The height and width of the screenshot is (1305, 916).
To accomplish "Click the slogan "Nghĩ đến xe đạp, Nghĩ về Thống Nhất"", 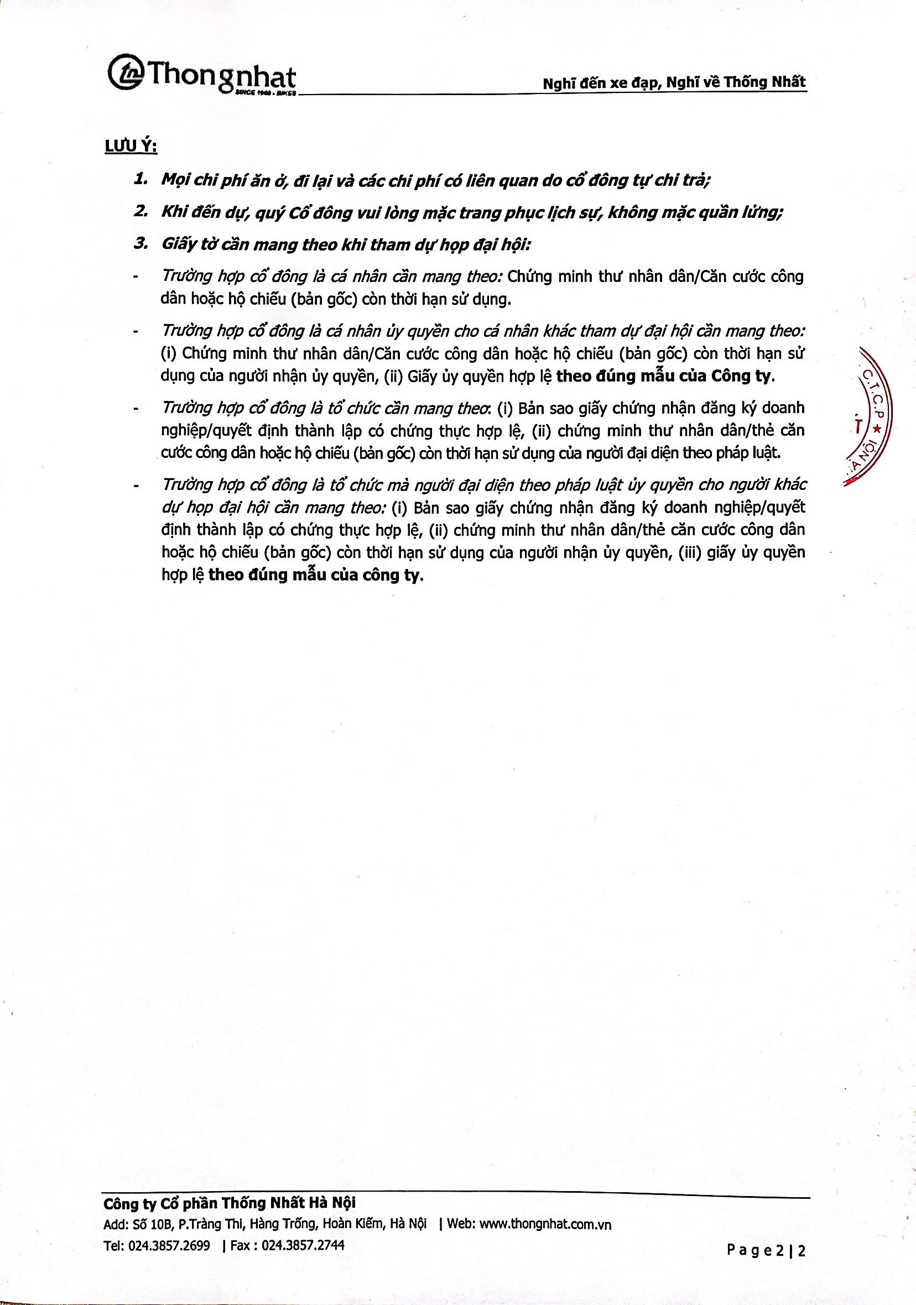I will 674,82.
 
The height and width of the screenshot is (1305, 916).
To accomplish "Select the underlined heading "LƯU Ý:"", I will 131,147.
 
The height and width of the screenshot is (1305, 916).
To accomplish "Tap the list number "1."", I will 141,180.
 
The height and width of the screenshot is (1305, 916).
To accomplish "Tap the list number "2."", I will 141,211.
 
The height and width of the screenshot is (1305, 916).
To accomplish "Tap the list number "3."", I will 141,244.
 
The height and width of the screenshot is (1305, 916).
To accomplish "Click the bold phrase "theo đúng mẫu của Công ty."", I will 665,376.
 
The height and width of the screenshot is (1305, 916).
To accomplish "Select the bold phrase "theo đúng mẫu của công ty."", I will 317,575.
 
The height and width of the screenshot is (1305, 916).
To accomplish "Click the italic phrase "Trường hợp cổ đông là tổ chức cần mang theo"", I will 327,408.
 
